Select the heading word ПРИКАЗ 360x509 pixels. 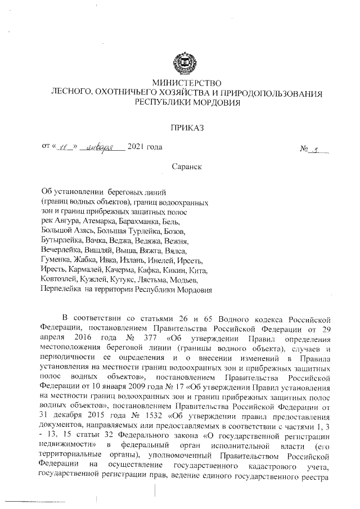185,127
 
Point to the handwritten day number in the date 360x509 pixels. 64,148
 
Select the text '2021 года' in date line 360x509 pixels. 146,147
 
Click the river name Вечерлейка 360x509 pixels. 61,250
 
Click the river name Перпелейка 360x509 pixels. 62,289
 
